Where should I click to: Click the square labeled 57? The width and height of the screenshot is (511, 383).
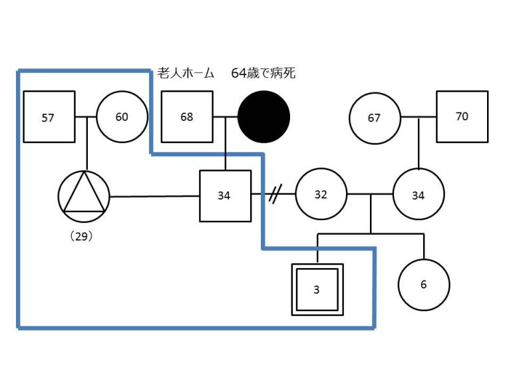point(49,117)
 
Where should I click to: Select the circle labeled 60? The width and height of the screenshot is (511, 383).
point(122,117)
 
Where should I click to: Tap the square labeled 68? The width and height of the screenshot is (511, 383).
point(187,117)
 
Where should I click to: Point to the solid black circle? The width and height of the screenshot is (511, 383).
point(264,117)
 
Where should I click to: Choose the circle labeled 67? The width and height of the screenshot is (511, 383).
point(375,118)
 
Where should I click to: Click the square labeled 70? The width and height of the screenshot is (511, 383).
point(462,116)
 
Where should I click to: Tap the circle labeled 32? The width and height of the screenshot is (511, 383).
point(321,195)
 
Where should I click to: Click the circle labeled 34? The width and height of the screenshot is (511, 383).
point(418,195)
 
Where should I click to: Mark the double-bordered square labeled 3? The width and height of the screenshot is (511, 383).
point(317,289)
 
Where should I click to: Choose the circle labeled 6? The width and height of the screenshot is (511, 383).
point(424,285)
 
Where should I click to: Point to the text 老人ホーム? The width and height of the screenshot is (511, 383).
point(186,73)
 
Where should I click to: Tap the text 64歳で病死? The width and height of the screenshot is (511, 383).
point(263,73)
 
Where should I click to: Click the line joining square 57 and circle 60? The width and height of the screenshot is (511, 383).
point(85,117)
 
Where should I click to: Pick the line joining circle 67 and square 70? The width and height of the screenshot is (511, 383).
point(419,118)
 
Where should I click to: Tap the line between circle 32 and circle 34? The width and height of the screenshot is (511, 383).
point(369,195)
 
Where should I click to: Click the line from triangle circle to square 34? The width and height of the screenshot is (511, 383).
point(154,196)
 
